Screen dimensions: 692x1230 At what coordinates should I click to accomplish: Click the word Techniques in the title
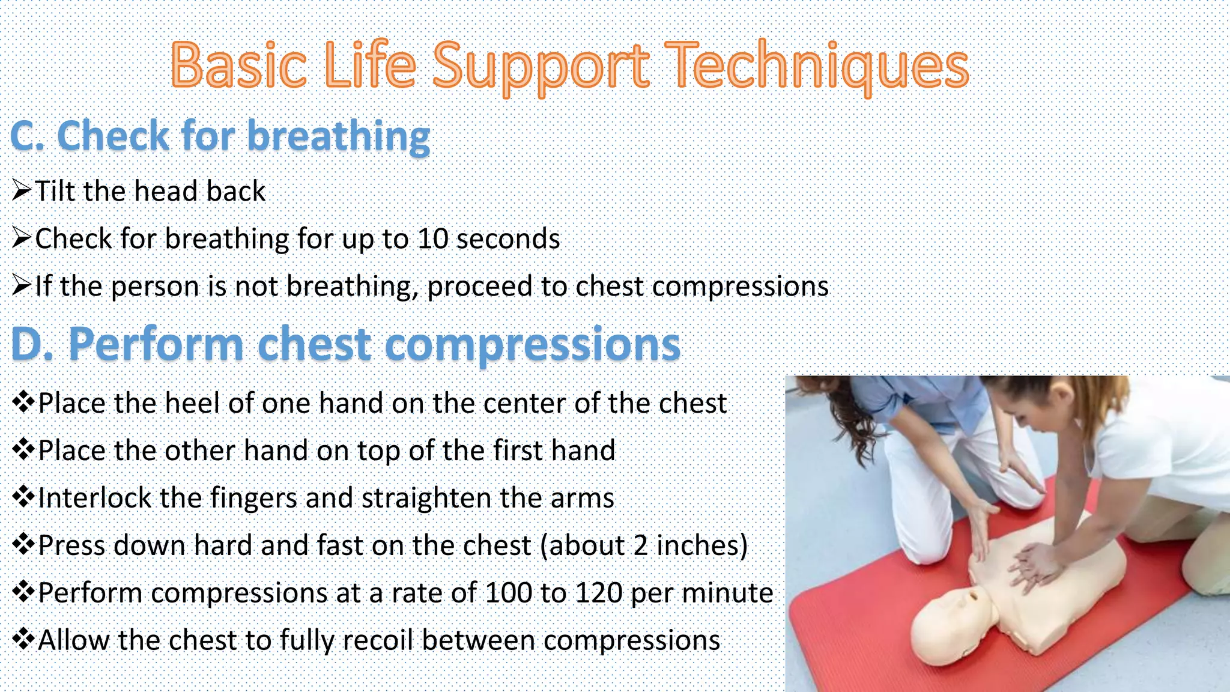[817, 65]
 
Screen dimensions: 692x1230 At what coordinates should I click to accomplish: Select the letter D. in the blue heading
[33, 344]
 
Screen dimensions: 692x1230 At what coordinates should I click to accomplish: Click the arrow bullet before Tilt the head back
[22, 191]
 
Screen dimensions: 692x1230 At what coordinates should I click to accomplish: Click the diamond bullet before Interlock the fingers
[23, 497]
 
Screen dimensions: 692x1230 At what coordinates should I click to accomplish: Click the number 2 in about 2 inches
[640, 545]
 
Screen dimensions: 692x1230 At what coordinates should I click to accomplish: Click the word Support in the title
[541, 65]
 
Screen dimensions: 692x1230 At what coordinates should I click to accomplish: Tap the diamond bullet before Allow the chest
[23, 639]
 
